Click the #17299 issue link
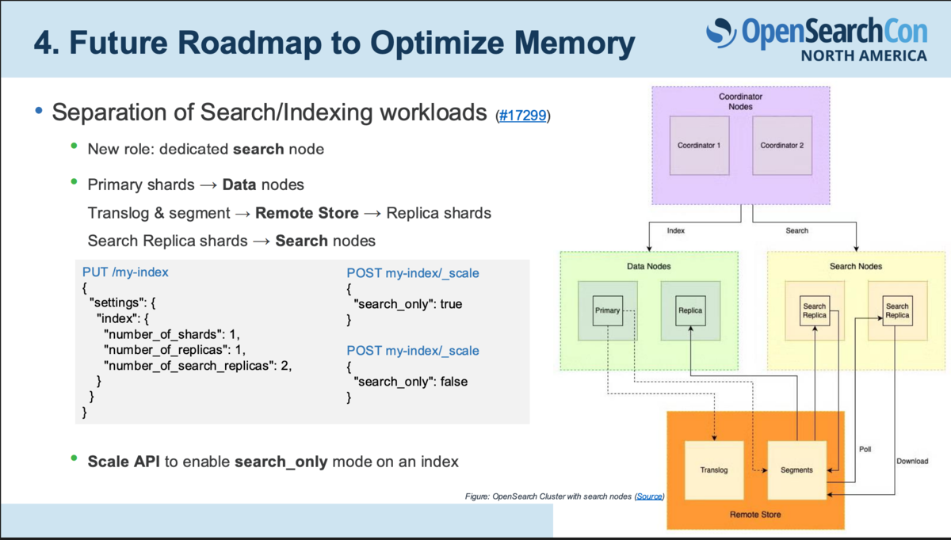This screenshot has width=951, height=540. point(522,116)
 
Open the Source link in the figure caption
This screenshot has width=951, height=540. point(649,496)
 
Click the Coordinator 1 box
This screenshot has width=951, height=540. point(699,146)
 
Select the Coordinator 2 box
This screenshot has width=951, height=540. point(782,146)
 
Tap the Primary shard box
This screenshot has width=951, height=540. point(608,310)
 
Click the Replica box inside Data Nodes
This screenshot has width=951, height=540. point(690,310)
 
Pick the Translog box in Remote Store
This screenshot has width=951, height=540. point(714,470)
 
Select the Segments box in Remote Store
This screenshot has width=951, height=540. point(797,470)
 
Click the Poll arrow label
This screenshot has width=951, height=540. point(865,449)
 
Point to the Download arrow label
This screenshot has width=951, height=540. point(912,461)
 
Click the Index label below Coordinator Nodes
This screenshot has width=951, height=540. point(675,230)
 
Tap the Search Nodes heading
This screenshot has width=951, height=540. point(856,266)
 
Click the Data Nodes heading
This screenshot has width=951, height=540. point(649,266)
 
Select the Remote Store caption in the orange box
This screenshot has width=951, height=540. point(755,515)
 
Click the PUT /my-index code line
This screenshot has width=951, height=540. point(125,272)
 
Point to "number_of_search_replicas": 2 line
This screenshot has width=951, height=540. point(198,366)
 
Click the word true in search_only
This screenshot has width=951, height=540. point(451,304)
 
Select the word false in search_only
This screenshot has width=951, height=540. point(454,382)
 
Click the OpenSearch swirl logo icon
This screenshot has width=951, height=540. point(721,32)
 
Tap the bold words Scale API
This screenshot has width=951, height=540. point(124,462)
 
